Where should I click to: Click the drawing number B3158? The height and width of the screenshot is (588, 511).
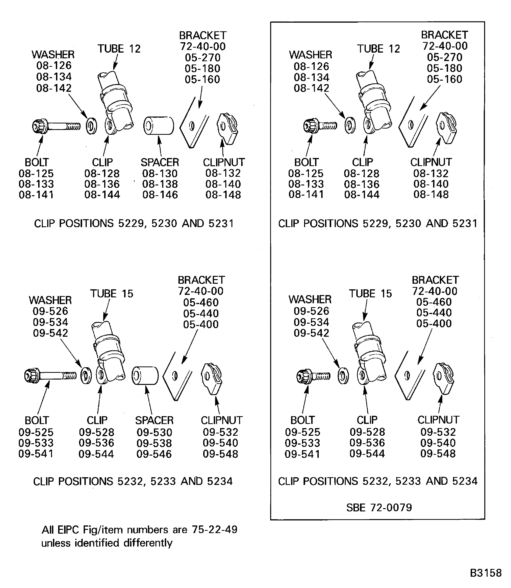[485, 573]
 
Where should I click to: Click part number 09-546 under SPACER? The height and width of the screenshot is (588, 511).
[154, 454]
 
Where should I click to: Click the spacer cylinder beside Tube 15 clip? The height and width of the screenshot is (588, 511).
[145, 376]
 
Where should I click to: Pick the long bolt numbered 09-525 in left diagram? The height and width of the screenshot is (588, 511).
[50, 376]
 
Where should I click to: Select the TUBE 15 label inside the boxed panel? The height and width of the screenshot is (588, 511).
[370, 294]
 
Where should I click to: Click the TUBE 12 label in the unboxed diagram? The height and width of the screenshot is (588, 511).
[119, 49]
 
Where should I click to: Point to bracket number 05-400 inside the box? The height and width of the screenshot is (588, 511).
[434, 323]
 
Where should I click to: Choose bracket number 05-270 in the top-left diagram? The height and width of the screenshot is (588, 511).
[202, 58]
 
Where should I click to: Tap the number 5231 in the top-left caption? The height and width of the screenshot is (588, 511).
[221, 223]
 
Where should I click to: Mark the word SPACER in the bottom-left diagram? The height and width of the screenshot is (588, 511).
[154, 420]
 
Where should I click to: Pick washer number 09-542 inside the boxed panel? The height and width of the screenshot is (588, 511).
[311, 333]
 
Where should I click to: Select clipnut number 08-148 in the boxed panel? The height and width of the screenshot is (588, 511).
[431, 195]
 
